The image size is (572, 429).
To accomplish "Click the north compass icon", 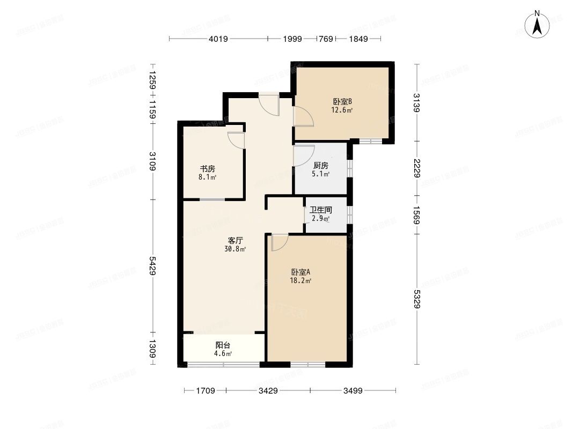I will point(536,25).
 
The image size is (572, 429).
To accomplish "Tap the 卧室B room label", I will point(342,101).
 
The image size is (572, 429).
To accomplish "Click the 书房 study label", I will point(208,168).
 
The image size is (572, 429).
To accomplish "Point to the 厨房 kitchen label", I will point(321,165).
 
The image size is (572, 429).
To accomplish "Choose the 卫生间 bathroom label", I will point(321,210).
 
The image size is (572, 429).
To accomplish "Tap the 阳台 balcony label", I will point(223,345).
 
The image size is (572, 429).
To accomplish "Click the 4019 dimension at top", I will point(218,39).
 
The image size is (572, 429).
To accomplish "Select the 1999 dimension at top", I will point(292,39).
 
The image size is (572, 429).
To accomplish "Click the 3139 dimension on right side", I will point(416,102).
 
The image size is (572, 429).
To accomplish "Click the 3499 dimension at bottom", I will point(353,391).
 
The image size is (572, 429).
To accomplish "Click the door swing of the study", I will point(236,139).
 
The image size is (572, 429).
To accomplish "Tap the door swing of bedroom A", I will point(279,242).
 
